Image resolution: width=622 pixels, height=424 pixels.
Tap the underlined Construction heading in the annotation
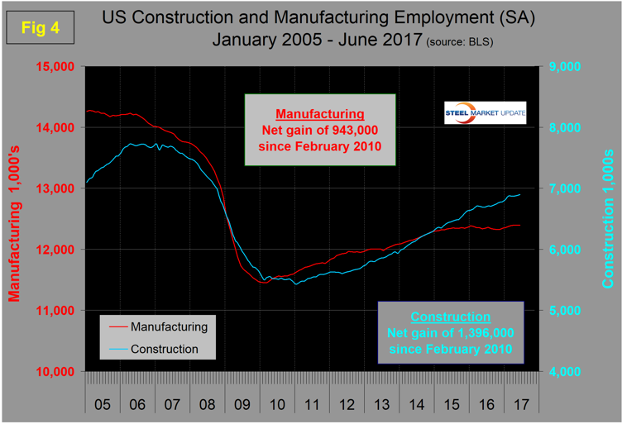pos(450,317)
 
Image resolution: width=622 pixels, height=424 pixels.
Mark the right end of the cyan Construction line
pos(519,195)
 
